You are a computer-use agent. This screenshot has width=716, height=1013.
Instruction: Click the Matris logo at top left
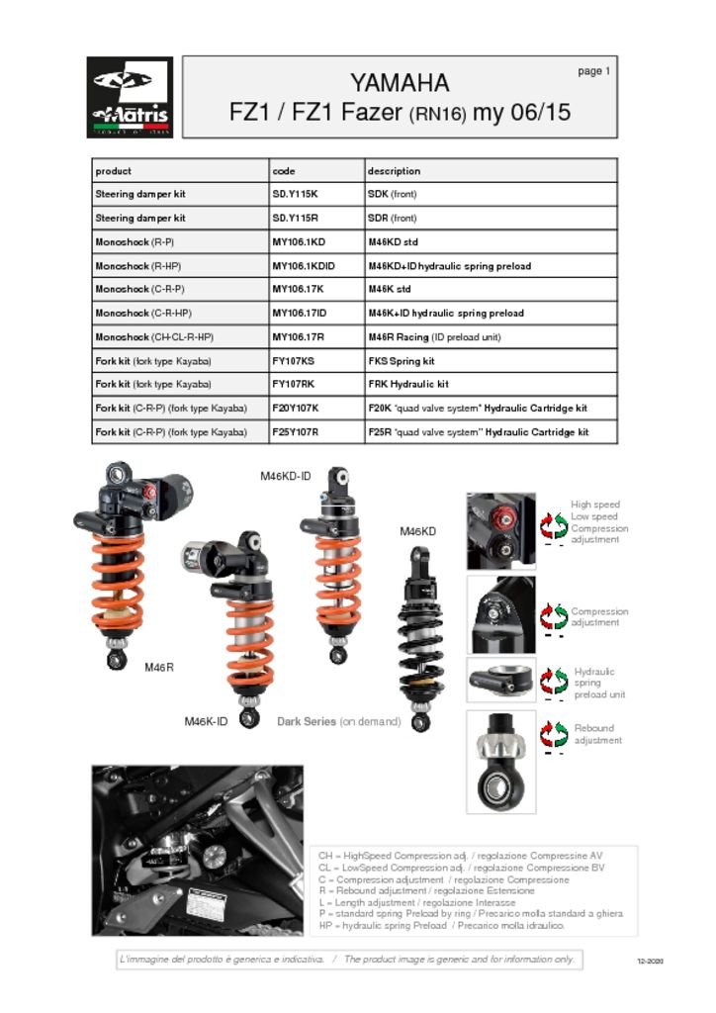click(x=130, y=96)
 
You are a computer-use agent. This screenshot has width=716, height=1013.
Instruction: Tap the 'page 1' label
click(x=594, y=71)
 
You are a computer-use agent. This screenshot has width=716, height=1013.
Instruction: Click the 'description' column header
click(x=394, y=171)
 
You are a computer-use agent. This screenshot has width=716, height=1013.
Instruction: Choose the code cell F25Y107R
click(x=296, y=432)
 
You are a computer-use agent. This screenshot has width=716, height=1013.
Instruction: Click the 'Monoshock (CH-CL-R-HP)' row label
click(x=154, y=337)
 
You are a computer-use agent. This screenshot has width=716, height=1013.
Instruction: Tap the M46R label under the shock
click(x=159, y=668)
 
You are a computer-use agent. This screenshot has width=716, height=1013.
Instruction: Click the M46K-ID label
click(x=206, y=721)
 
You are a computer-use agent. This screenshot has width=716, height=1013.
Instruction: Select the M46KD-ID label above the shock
click(x=286, y=477)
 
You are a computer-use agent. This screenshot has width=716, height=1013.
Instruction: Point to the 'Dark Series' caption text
click(x=307, y=722)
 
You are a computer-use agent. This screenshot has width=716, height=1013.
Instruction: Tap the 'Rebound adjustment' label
click(x=597, y=734)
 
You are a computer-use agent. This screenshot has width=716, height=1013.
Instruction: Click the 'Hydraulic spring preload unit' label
click(x=598, y=683)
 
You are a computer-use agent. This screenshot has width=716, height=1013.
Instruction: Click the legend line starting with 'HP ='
click(x=441, y=926)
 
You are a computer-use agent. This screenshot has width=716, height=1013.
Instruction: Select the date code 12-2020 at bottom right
click(x=650, y=962)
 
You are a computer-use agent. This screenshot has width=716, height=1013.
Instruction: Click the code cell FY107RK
click(x=294, y=385)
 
